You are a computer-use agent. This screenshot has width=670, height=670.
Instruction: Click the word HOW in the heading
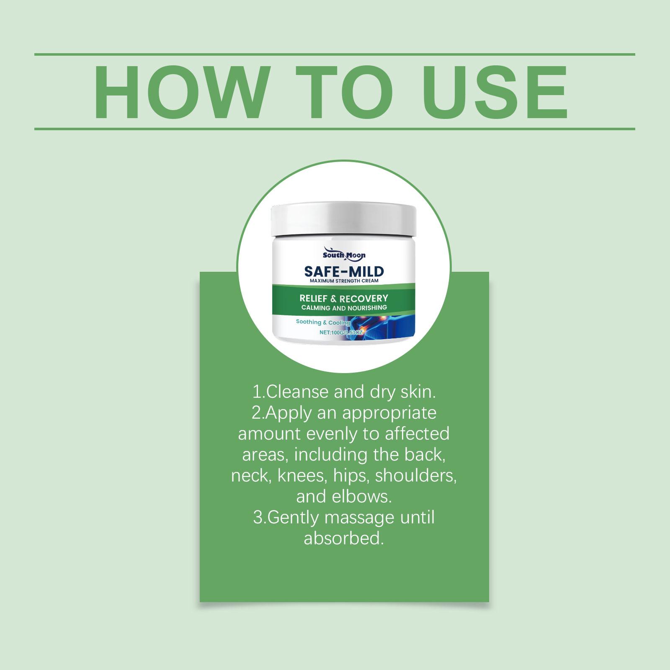click(180, 92)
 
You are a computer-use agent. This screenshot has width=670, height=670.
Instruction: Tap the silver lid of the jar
click(344, 221)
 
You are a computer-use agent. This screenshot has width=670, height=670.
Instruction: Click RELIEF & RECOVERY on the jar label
click(344, 299)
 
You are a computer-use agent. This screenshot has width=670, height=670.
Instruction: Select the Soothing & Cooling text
click(323, 322)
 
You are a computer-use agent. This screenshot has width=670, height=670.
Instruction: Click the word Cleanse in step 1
click(297, 392)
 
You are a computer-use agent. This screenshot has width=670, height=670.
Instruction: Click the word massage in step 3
click(359, 518)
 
